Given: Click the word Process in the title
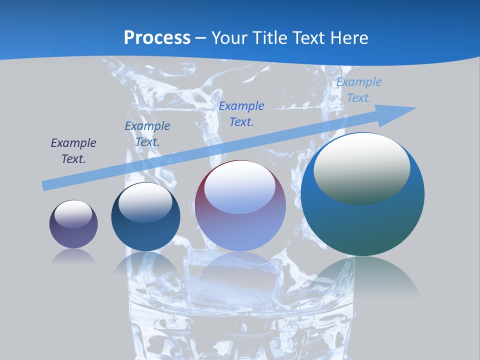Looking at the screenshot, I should pos(157,38).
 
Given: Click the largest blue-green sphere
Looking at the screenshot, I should pos(362,225).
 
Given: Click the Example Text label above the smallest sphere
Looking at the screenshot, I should pos(73,151).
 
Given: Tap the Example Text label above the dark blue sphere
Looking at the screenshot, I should pos(147,134).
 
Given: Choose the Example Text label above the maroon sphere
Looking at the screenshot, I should pos(241,114).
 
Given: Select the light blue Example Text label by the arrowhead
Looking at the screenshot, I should pos(359,90).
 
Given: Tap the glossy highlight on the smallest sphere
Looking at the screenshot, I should pos(73,213).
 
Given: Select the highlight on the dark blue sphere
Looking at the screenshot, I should pos(145,201).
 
